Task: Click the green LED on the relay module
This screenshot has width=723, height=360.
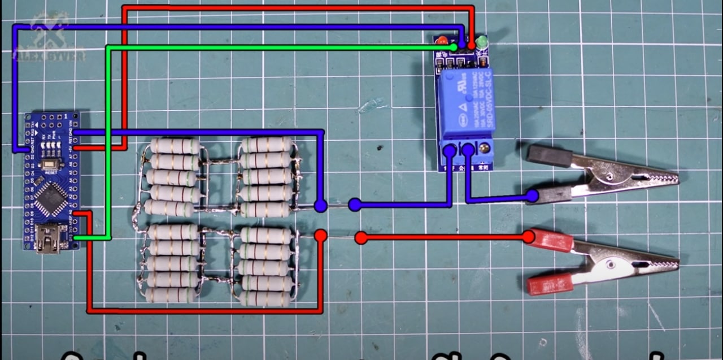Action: (481, 42)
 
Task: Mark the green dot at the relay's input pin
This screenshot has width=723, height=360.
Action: (453, 47)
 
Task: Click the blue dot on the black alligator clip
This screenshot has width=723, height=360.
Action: (532, 196)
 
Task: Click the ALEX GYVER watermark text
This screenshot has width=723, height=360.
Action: (49, 55)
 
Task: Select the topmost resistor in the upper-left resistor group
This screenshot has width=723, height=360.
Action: (175, 146)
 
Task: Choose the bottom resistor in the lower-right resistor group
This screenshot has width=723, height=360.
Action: (265, 298)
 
